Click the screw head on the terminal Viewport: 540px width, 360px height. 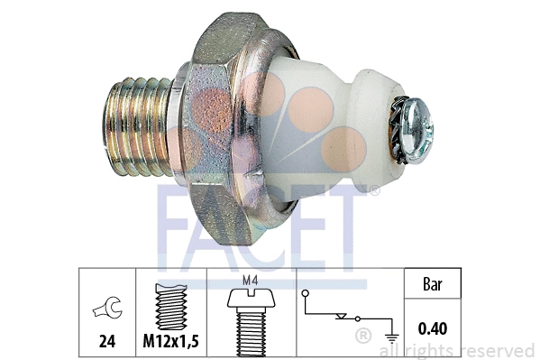click(x=417, y=127)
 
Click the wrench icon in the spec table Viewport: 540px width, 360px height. click(x=105, y=310)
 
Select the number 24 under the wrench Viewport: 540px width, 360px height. click(x=105, y=343)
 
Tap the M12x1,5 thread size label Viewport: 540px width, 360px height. click(x=170, y=343)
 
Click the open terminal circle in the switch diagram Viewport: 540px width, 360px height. click(x=306, y=294)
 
